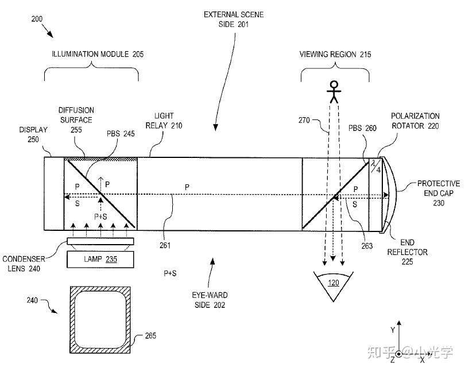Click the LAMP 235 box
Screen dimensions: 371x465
[x=100, y=259]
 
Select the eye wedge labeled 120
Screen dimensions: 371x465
[x=333, y=285]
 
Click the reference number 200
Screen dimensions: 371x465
[x=36, y=19]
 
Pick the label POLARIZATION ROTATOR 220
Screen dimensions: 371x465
[x=415, y=121]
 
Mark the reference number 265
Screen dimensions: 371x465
[x=150, y=336]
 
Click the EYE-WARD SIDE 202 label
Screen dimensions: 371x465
[x=210, y=299]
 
